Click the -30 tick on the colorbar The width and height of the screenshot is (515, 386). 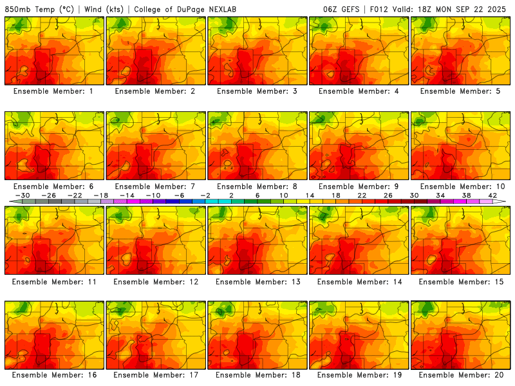[23, 196]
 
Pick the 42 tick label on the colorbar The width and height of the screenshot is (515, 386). [492, 196]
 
